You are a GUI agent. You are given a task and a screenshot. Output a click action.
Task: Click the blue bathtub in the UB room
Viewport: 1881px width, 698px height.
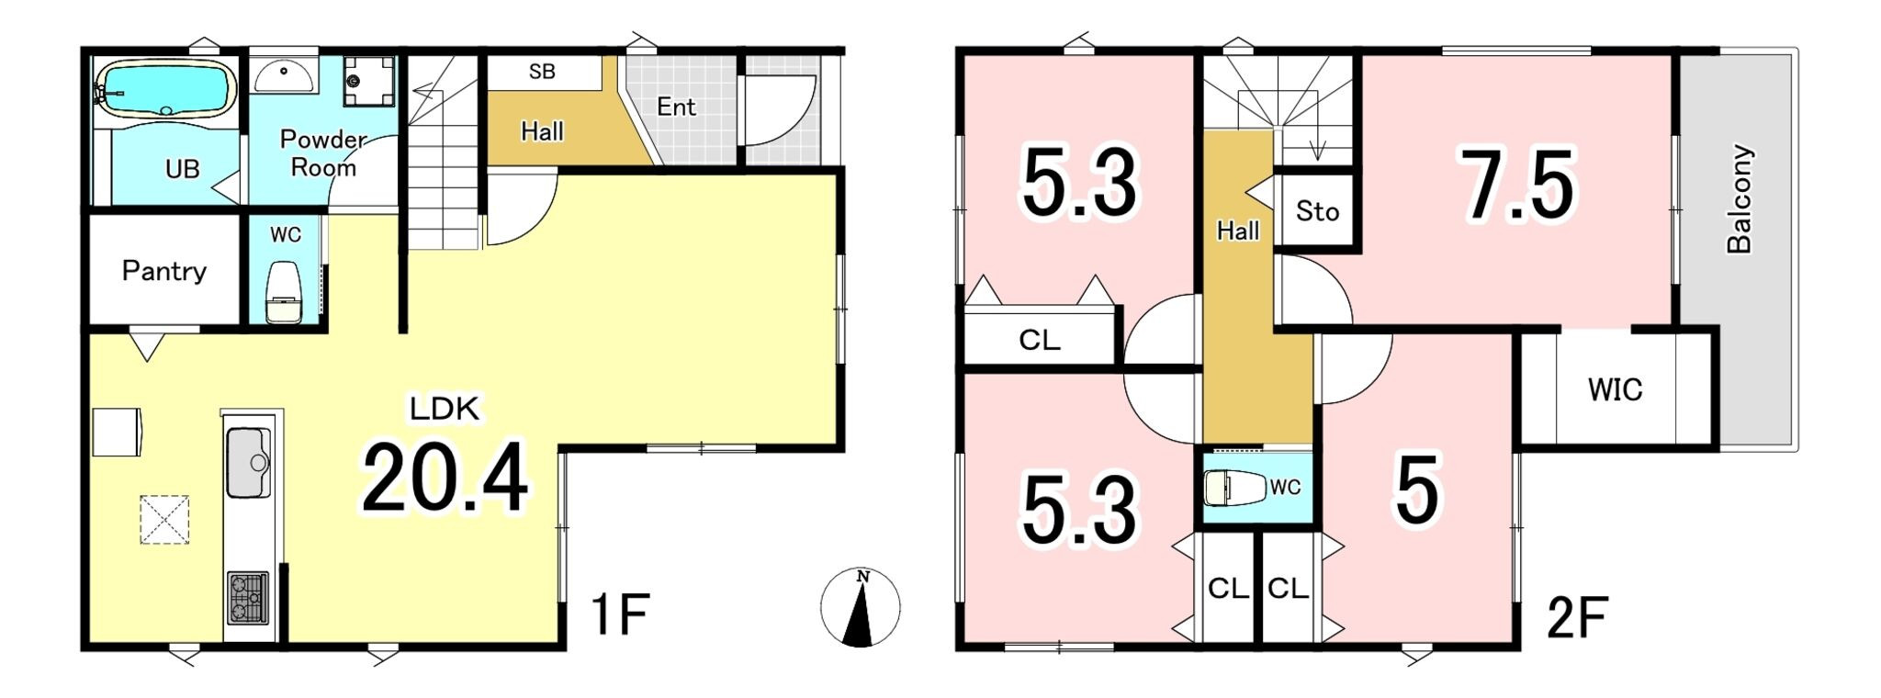pyautogui.click(x=165, y=88)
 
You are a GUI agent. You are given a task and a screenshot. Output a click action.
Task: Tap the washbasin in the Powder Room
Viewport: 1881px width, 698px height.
pyautogui.click(x=284, y=75)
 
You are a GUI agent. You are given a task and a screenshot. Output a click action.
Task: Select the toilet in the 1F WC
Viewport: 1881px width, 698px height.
pyautogui.click(x=283, y=291)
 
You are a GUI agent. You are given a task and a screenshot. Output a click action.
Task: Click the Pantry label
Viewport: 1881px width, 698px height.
pyautogui.click(x=164, y=271)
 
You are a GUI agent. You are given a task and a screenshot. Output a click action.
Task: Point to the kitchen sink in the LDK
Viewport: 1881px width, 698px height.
pyautogui.click(x=248, y=462)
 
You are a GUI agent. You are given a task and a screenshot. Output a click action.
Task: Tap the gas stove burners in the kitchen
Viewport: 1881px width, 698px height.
pyautogui.click(x=248, y=598)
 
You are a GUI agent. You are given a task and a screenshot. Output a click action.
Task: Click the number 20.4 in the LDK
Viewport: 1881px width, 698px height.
pyautogui.click(x=445, y=478)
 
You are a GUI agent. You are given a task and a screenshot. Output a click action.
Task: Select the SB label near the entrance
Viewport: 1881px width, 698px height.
pyautogui.click(x=542, y=72)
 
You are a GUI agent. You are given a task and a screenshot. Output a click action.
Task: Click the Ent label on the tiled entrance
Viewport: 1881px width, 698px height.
pyautogui.click(x=676, y=107)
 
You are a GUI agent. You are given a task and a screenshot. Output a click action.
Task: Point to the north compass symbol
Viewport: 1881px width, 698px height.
pyautogui.click(x=861, y=607)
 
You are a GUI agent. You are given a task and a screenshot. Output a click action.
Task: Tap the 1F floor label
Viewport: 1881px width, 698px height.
pyautogui.click(x=620, y=614)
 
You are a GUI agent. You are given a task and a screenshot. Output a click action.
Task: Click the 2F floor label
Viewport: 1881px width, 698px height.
pyautogui.click(x=1577, y=617)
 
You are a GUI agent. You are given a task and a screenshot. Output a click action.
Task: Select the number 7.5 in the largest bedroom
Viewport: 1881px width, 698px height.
pyautogui.click(x=1519, y=186)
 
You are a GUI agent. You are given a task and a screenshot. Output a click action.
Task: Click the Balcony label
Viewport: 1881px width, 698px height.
pyautogui.click(x=1740, y=198)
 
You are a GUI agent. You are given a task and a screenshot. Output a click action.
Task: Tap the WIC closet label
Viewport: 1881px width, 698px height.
pyautogui.click(x=1615, y=389)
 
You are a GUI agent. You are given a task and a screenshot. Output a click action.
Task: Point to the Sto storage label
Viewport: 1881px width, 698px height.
pyautogui.click(x=1317, y=211)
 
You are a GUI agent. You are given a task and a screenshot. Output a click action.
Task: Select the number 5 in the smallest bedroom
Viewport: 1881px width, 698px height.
pyautogui.click(x=1417, y=490)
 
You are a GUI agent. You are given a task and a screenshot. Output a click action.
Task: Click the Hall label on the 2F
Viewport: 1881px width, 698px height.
pyautogui.click(x=1237, y=231)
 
